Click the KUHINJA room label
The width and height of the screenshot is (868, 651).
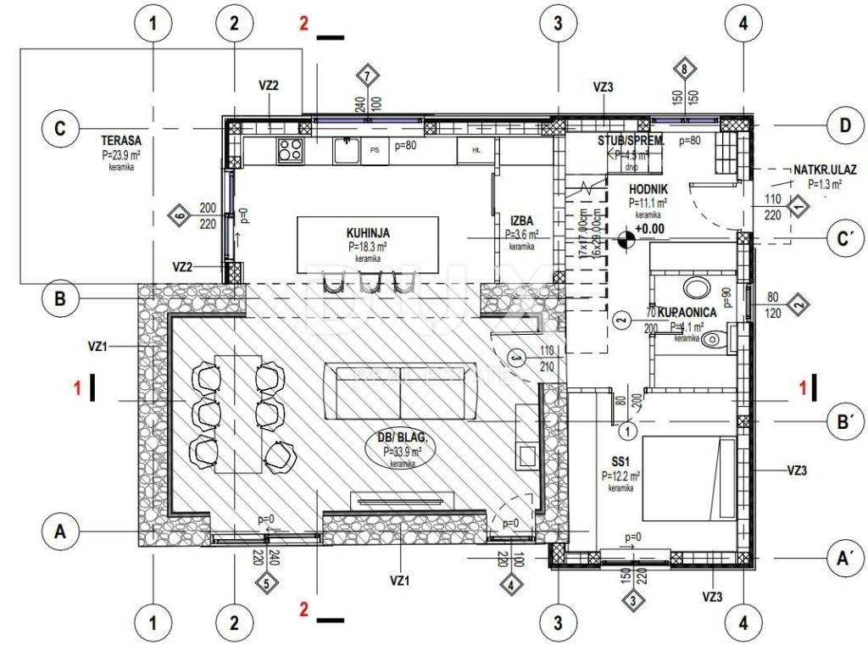[367, 232]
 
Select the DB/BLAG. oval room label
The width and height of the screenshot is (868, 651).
[400, 439]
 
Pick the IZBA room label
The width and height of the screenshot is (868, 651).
[520, 222]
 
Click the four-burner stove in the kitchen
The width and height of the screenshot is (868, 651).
[290, 150]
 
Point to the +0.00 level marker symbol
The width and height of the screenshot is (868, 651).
[626, 240]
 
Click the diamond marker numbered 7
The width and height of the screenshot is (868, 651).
[365, 75]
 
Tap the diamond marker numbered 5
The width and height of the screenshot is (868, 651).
[265, 583]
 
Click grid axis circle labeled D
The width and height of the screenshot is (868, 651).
[844, 127]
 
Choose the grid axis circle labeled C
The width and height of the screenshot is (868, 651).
[59, 129]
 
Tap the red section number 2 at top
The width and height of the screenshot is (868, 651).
[303, 23]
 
